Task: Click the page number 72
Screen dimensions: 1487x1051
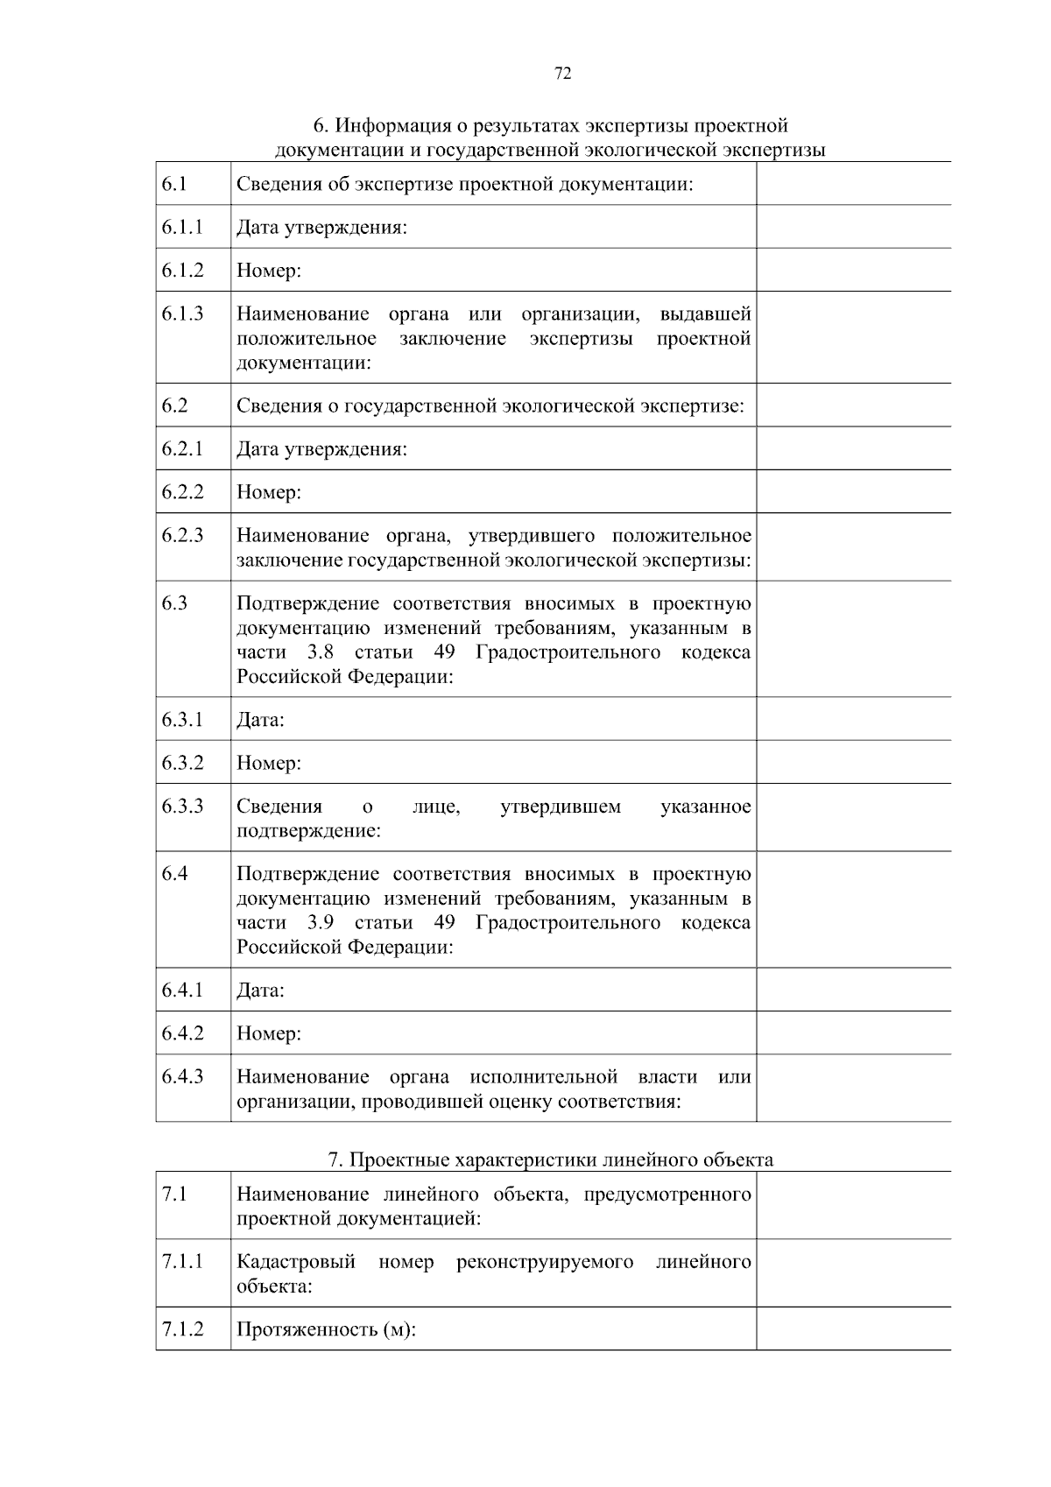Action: coord(563,74)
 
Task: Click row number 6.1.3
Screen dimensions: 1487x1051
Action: coord(182,314)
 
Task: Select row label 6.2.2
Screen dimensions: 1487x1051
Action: coord(182,492)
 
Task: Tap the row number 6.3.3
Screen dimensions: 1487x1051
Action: coord(182,806)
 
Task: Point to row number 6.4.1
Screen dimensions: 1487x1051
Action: coord(182,990)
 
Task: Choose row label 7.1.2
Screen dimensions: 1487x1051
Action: coord(182,1329)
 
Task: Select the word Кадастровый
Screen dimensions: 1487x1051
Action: coord(296,1262)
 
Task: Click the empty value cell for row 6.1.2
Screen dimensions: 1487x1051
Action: coord(853,270)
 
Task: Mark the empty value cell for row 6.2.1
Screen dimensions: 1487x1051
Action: coord(853,448)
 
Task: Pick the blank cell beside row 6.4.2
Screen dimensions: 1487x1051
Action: coord(853,1032)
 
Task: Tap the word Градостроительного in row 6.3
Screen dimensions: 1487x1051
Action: coord(568,652)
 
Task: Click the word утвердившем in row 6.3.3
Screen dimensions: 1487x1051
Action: coord(561,807)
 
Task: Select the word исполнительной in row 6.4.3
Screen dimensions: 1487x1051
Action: coord(543,1076)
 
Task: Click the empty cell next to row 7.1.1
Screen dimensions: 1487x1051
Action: coord(853,1273)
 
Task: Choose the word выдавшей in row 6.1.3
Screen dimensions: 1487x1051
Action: coord(705,314)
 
